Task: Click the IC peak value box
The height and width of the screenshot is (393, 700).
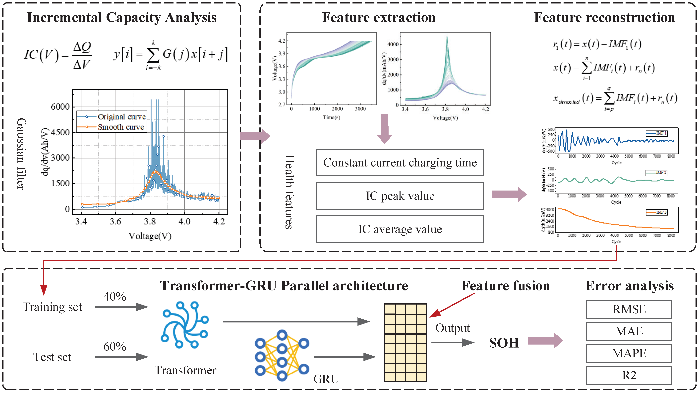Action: (400, 196)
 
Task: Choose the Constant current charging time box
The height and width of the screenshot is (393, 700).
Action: (400, 163)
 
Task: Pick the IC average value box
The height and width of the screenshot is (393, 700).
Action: (400, 229)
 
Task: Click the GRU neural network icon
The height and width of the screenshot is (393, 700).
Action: (282, 355)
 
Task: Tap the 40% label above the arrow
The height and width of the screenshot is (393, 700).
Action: (115, 297)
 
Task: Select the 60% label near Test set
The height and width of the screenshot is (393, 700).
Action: (115, 347)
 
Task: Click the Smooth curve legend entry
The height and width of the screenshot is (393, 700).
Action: (121, 127)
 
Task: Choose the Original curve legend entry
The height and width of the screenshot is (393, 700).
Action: (121, 117)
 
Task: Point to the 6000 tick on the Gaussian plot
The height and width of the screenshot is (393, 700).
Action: (60, 107)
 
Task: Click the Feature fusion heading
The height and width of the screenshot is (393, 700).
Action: (505, 286)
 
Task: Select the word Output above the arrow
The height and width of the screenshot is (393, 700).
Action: (452, 328)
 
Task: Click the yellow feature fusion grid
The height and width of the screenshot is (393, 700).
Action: (406, 343)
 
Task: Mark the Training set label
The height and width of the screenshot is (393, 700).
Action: (52, 307)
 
